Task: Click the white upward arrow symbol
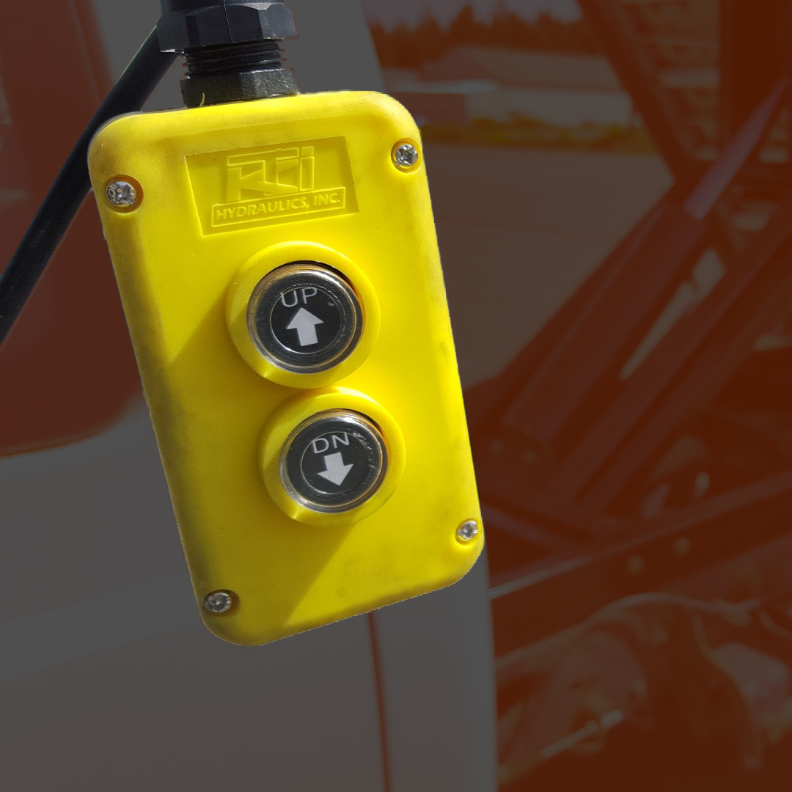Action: coord(304,327)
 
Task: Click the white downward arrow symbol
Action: coord(335,468)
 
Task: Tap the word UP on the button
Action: coord(298,296)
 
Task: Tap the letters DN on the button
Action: coord(331,444)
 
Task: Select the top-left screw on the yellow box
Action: coord(121,194)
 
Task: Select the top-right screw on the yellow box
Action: coord(406,155)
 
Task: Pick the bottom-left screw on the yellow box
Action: coord(219,601)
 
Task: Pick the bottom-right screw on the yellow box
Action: coord(467,530)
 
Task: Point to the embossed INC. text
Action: coord(327,198)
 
